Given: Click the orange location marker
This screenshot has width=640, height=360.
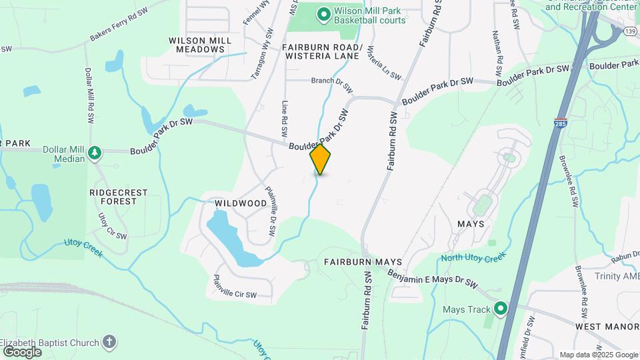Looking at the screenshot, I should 321,159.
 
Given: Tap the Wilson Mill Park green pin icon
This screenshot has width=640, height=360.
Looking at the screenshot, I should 324,13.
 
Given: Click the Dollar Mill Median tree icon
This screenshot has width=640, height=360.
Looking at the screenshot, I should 95,153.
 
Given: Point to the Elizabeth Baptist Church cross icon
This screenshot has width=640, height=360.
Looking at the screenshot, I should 110,342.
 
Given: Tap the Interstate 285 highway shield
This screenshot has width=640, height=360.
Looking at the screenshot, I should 560,125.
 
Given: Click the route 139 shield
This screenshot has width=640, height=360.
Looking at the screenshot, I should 629,32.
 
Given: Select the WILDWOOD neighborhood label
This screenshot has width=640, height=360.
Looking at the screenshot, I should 241,203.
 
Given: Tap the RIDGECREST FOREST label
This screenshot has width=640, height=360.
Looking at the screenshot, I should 118,197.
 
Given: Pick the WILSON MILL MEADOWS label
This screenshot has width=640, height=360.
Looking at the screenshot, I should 200,45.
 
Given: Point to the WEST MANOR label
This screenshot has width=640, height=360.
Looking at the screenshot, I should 603,327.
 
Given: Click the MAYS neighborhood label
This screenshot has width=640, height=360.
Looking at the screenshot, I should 471,224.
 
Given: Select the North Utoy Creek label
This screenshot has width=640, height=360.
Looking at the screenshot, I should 473,259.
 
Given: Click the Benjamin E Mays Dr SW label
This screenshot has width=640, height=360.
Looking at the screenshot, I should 433,279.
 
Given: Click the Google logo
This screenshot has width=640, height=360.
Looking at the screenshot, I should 22,351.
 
